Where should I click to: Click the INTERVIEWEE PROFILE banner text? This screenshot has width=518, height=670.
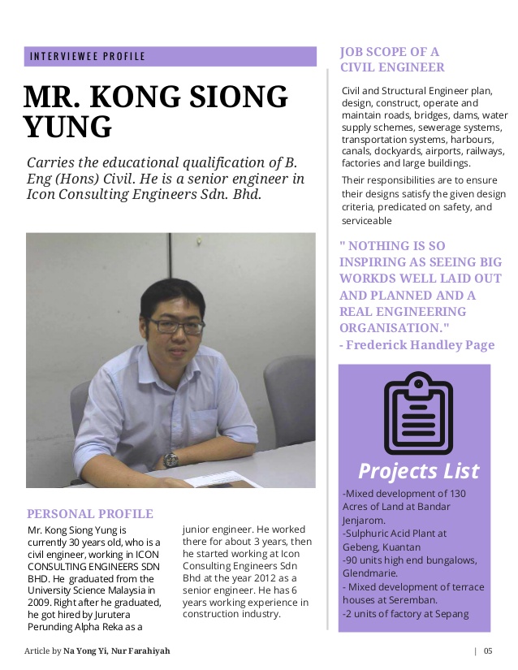click(87, 57)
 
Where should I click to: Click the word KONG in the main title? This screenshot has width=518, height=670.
click(162, 97)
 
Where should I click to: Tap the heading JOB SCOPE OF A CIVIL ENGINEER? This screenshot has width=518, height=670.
click(392, 60)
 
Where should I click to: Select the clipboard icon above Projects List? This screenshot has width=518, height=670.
click(418, 413)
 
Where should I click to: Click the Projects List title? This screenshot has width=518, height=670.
click(419, 471)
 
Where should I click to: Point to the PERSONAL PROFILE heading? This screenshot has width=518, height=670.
click(90, 514)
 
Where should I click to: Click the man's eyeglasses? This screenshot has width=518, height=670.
click(176, 325)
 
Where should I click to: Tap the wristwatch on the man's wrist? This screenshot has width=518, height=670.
click(171, 460)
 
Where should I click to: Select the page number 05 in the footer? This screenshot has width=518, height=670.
click(488, 651)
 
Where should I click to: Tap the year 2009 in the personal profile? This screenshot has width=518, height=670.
click(39, 590)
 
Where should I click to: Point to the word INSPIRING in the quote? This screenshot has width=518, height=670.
click(381, 262)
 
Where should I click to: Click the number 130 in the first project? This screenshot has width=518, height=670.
click(458, 494)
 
